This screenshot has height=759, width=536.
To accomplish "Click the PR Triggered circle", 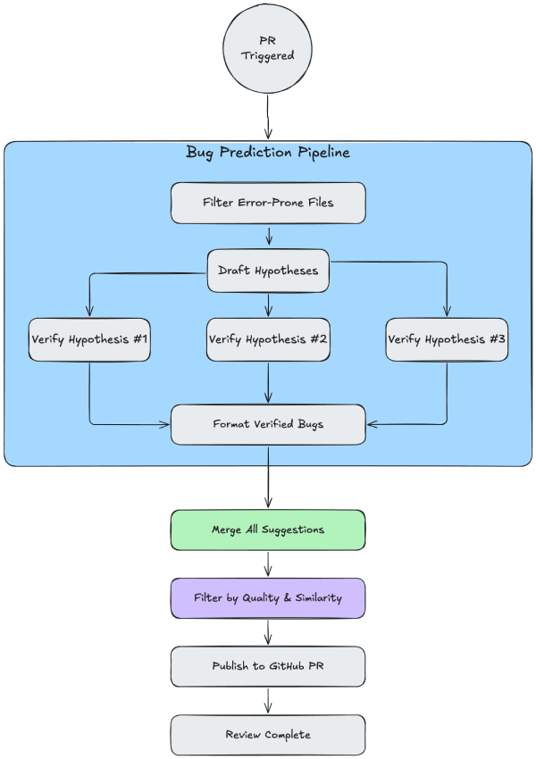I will click(x=268, y=48).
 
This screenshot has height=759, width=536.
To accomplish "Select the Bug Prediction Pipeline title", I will click(x=268, y=153).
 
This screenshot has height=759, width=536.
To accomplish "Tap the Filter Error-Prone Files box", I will click(x=268, y=203).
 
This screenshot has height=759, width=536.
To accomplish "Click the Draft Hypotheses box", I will click(x=268, y=271).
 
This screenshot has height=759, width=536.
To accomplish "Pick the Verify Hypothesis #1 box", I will click(x=89, y=339).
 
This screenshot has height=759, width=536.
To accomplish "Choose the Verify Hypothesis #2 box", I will click(x=268, y=339).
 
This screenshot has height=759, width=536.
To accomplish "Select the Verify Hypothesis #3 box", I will click(x=447, y=339).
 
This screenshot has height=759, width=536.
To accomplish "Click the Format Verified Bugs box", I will click(x=268, y=424).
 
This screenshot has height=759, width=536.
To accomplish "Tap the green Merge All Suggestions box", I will click(x=268, y=530).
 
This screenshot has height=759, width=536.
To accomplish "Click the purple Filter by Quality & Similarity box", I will click(x=268, y=598).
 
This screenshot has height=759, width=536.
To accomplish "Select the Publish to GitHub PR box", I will click(x=268, y=666).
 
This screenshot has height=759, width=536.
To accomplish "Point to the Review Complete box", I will click(x=268, y=735).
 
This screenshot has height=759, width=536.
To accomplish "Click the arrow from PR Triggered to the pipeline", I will click(x=268, y=116).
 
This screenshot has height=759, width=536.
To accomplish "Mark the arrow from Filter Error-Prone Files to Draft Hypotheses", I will click(x=268, y=236).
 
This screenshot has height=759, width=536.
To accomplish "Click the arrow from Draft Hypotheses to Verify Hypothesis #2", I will click(x=268, y=304).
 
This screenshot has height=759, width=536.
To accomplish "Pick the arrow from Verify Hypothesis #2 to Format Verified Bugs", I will click(x=268, y=383).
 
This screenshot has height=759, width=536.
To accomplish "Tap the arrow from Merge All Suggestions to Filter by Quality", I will click(x=268, y=563).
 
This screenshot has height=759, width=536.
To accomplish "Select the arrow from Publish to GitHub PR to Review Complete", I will click(x=268, y=701).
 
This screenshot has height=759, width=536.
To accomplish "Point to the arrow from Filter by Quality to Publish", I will click(x=268, y=632).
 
